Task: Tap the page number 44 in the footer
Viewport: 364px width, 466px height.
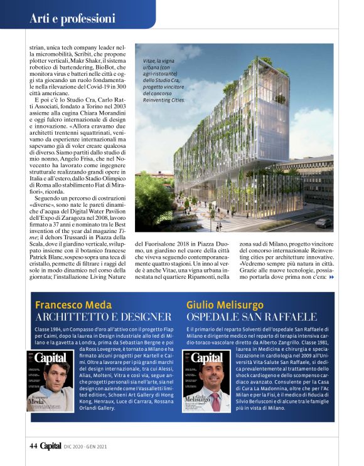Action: pos(33,446)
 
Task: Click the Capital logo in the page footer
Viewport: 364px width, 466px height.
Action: pos(51,446)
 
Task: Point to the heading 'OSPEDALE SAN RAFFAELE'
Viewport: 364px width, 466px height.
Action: pos(251,317)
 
